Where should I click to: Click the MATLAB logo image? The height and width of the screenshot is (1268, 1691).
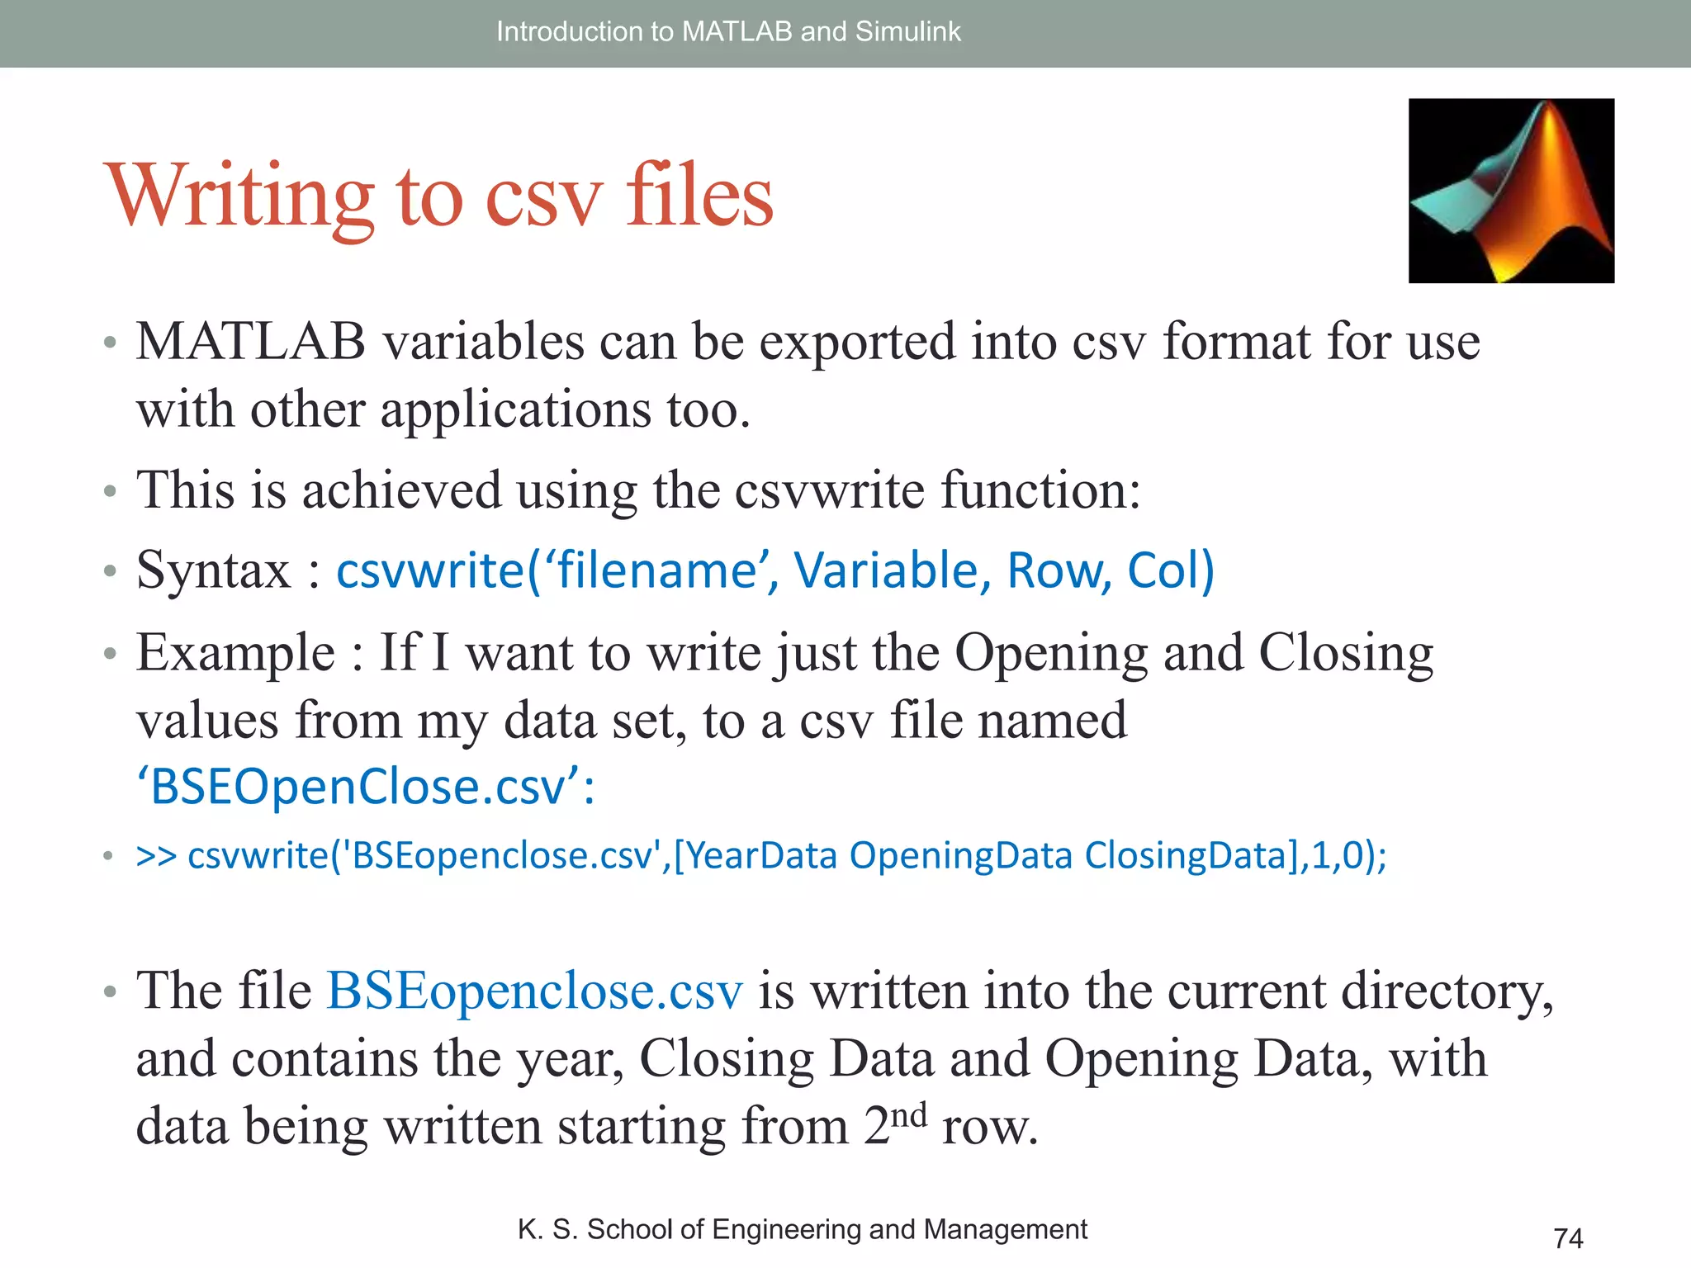pyautogui.click(x=1511, y=191)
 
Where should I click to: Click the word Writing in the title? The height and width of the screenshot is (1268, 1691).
pyautogui.click(x=239, y=196)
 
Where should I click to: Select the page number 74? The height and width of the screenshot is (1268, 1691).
pyautogui.click(x=1568, y=1238)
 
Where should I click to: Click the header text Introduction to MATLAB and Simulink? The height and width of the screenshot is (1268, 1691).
pyautogui.click(x=728, y=31)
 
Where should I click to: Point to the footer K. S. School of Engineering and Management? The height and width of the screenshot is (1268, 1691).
pyautogui.click(x=802, y=1229)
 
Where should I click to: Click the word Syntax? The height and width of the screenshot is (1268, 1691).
pyautogui.click(x=213, y=570)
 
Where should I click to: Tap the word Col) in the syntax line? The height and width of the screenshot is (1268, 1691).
pyautogui.click(x=1171, y=570)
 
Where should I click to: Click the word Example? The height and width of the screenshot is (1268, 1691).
pyautogui.click(x=235, y=653)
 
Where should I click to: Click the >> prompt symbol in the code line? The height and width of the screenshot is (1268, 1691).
pyautogui.click(x=156, y=855)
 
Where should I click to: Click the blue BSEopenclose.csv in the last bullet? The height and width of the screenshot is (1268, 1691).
pyautogui.click(x=534, y=991)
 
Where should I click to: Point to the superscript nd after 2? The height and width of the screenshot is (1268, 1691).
pyautogui.click(x=909, y=1115)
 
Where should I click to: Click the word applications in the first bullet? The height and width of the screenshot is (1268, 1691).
pyautogui.click(x=515, y=409)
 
